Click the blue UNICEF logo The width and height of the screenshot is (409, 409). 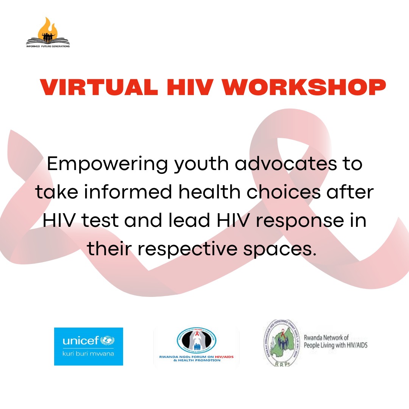click(x=88, y=346)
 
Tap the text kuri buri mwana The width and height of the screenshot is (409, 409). click(x=88, y=354)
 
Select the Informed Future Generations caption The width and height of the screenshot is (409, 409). click(x=48, y=46)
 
